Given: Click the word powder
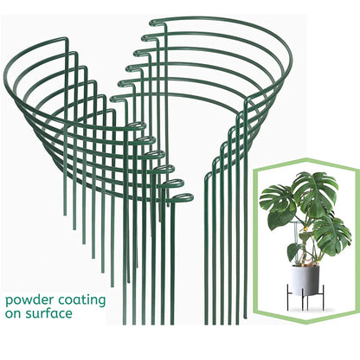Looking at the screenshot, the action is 29,300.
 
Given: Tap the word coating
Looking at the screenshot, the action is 82,300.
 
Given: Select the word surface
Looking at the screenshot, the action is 49,313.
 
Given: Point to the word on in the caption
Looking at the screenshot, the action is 14,314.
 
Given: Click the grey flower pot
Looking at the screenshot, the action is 305,280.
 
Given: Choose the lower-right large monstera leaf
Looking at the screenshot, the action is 331,235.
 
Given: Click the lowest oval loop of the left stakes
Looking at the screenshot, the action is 181,197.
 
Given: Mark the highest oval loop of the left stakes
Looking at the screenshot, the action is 136,125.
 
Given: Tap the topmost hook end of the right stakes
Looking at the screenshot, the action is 157,22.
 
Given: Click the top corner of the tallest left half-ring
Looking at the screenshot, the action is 67,39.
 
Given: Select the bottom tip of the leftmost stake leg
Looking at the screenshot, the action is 65,215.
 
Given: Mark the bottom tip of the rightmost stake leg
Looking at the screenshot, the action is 245,318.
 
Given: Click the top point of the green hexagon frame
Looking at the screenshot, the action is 306,159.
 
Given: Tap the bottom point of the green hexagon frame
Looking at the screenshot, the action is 306,323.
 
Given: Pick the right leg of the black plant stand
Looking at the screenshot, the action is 323,298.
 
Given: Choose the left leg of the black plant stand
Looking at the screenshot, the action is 288,298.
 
